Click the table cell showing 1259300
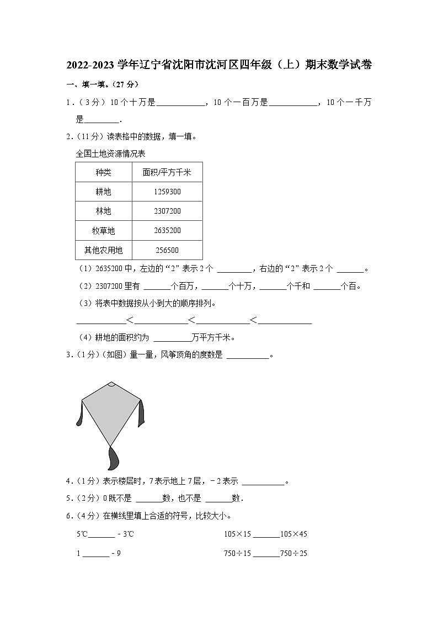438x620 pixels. [167, 192]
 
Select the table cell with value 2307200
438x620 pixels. [167, 211]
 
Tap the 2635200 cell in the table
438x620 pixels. [167, 230]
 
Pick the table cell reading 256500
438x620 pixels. [167, 250]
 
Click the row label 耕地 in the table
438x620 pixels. [103, 192]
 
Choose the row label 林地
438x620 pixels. [103, 211]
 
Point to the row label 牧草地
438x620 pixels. [103, 230]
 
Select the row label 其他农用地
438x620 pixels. [103, 250]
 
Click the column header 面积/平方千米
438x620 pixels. [167, 172]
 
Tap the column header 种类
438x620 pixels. [103, 172]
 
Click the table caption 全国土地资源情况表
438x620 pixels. [110, 153]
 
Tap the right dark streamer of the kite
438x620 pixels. [142, 412]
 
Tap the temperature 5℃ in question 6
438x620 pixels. [82, 534]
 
